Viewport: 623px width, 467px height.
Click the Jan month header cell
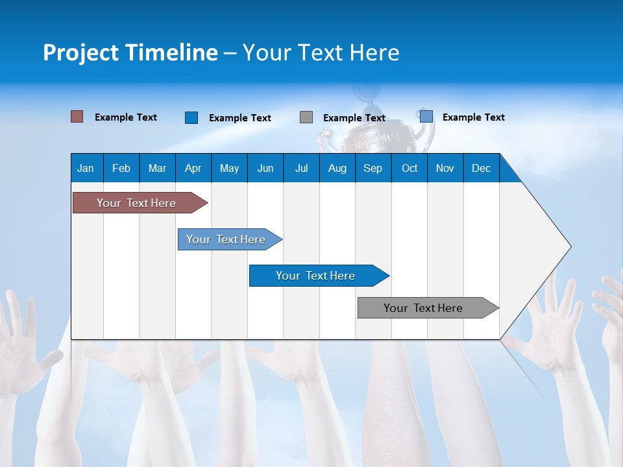click(86, 168)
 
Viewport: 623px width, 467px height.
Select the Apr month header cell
click(193, 168)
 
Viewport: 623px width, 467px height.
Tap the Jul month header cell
click(301, 168)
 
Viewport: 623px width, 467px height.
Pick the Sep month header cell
click(373, 168)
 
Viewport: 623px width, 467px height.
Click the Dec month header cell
click(481, 168)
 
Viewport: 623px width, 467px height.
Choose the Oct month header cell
click(409, 168)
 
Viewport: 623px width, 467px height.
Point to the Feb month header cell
click(121, 168)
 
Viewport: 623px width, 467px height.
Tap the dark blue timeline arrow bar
click(316, 276)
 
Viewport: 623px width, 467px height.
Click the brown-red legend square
click(77, 117)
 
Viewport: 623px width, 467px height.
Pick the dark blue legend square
click(191, 117)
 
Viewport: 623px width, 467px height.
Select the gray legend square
click(306, 117)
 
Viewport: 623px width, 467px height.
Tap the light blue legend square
click(426, 117)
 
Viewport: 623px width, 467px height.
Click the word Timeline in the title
click(171, 53)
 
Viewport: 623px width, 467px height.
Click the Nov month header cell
click(445, 168)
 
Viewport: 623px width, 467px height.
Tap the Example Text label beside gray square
click(354, 118)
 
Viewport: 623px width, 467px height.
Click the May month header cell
click(229, 168)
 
